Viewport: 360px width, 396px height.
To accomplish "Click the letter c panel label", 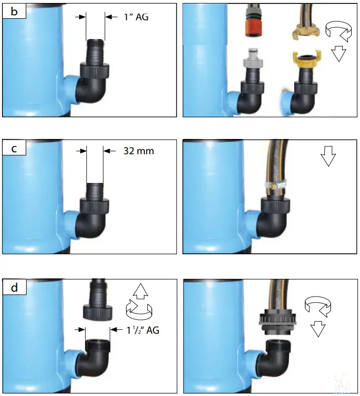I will (14, 149).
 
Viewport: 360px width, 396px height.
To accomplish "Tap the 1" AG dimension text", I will (135, 17).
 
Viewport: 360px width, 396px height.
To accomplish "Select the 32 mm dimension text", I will (138, 151).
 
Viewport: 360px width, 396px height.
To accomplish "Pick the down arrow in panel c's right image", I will (328, 158).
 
